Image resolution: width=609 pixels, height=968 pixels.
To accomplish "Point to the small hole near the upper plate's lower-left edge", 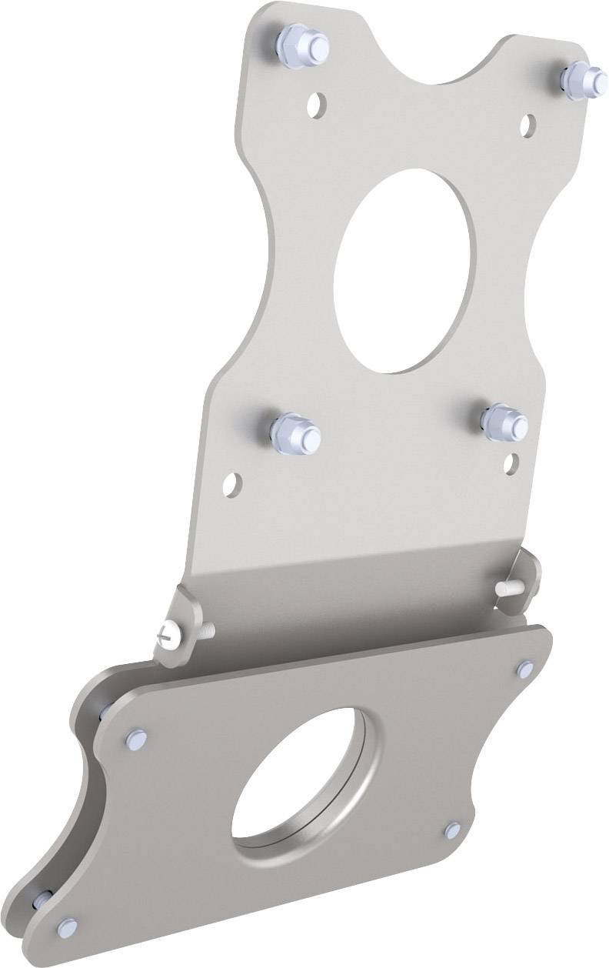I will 231,482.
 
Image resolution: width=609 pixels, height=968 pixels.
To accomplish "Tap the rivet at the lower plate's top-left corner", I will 136,738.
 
